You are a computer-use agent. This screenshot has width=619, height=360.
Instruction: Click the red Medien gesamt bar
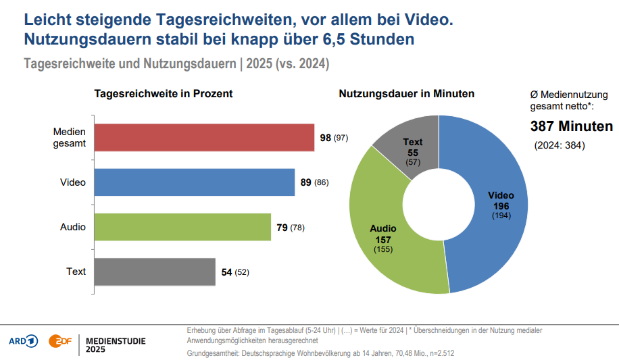[x=203, y=138]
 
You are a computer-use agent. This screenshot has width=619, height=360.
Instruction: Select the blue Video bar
[x=194, y=182]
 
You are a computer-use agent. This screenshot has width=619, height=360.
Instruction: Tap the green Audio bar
[x=182, y=227]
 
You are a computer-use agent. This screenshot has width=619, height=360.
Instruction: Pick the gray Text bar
[x=154, y=272]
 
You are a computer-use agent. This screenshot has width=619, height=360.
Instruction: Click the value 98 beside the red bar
[x=326, y=138]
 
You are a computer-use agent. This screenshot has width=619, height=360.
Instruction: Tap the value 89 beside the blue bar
[x=306, y=182]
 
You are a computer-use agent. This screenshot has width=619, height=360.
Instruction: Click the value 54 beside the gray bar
[x=227, y=272]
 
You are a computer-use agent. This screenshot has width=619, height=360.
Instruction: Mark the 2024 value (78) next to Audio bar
[x=297, y=228]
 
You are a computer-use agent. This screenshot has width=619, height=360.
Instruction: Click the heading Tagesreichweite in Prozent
[x=163, y=94]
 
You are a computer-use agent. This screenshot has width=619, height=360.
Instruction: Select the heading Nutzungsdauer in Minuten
[x=406, y=94]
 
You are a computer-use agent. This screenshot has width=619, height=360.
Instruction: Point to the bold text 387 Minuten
[x=571, y=126]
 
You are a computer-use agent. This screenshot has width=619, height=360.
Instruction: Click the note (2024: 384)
[x=559, y=146]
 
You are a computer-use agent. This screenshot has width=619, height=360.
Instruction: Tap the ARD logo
[x=24, y=341]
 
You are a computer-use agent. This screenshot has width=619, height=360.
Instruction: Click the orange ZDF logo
[x=58, y=341]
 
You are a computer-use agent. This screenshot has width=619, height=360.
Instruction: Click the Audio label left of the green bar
[x=73, y=227]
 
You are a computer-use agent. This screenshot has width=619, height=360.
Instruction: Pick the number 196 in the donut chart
[x=501, y=206]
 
